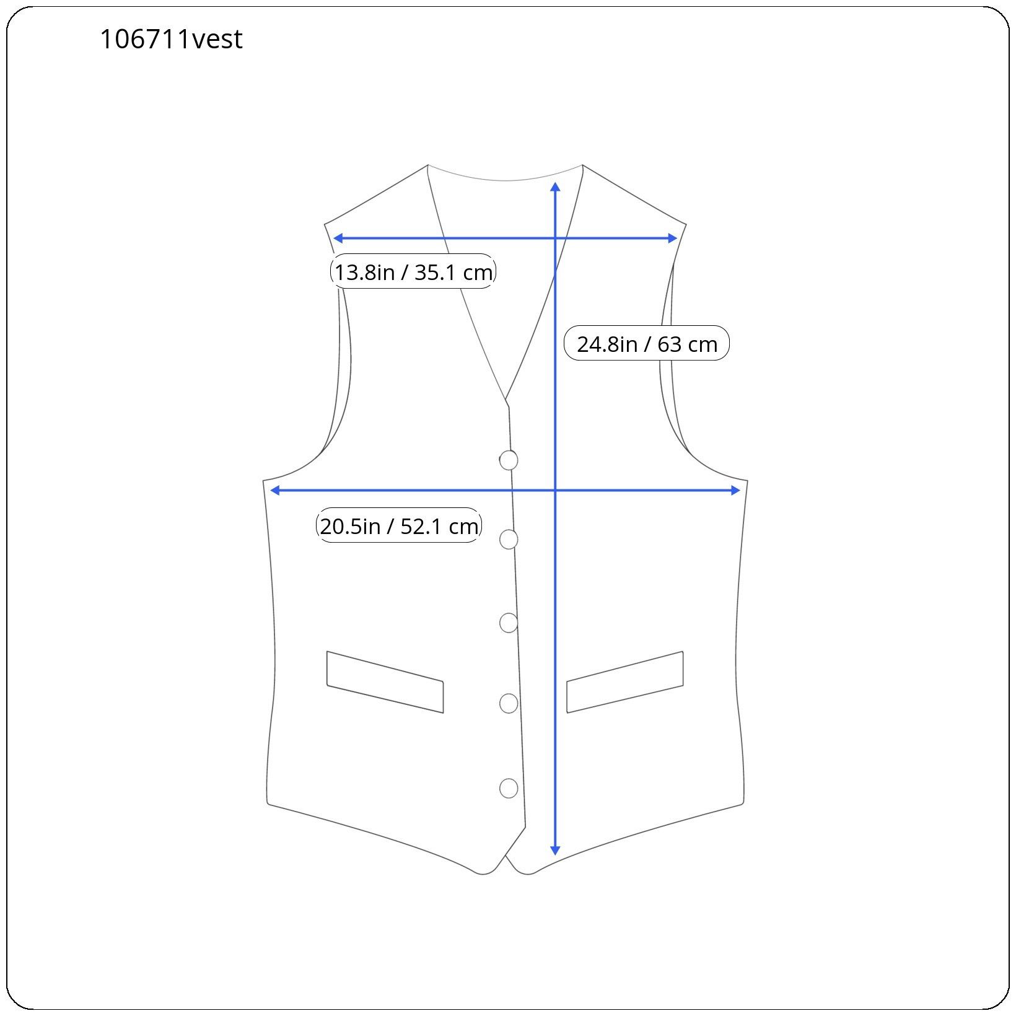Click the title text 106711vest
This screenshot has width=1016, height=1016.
(x=171, y=39)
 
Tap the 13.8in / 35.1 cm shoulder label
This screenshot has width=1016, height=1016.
(x=413, y=271)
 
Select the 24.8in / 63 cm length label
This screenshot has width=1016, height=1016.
(x=647, y=343)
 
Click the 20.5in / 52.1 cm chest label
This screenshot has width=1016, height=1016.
(x=399, y=525)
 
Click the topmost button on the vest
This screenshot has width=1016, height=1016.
(x=509, y=460)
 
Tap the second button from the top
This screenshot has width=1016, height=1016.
(x=509, y=540)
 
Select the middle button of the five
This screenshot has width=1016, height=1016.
(x=509, y=623)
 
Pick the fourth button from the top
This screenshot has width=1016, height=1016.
(x=509, y=703)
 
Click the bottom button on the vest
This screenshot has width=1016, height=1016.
(x=509, y=788)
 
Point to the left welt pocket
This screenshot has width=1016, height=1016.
(x=385, y=682)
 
